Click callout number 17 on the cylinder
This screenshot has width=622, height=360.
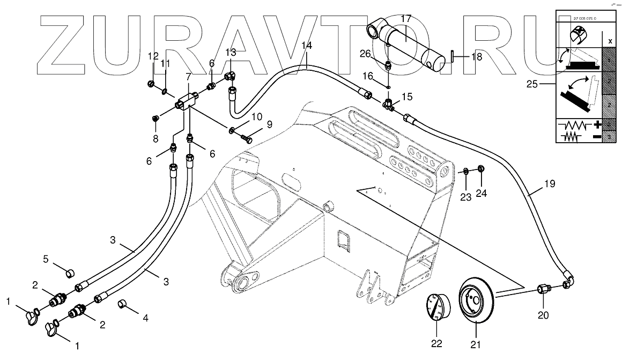[406, 19]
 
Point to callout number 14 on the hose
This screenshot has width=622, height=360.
[306, 46]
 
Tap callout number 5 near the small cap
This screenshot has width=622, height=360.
[46, 259]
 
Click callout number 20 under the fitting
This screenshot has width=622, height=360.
[543, 315]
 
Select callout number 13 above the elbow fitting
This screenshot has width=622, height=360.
[230, 52]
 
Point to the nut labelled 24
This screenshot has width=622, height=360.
[481, 168]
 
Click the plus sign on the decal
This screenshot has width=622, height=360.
[597, 126]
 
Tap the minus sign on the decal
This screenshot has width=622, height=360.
[597, 137]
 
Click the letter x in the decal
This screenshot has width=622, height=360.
[609, 40]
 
